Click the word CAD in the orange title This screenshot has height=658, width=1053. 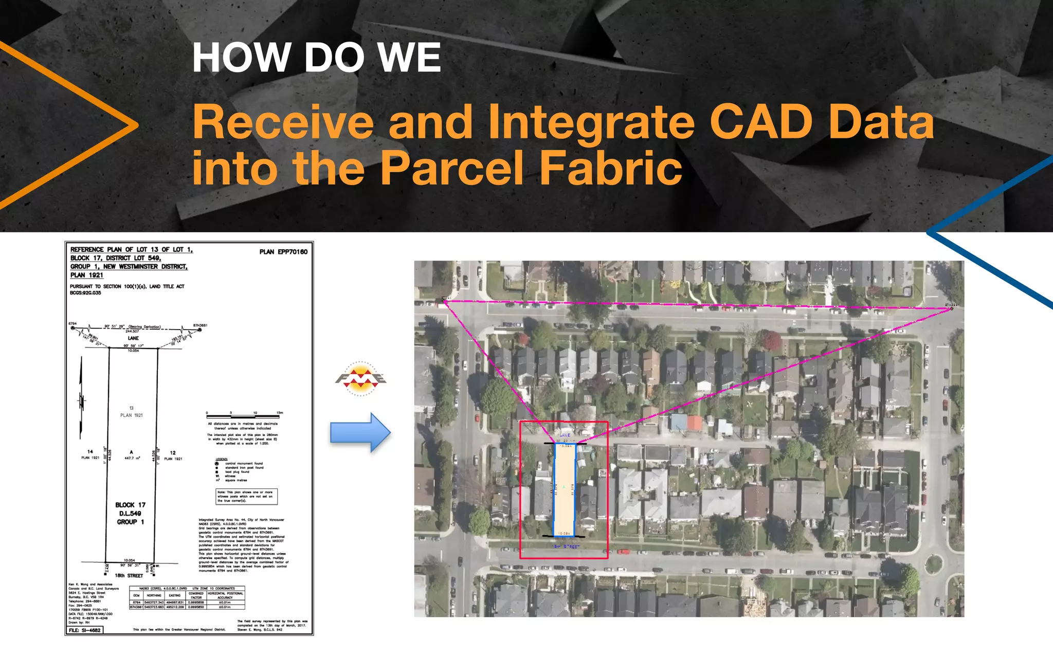click(x=762, y=122)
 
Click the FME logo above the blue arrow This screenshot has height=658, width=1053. click(x=361, y=379)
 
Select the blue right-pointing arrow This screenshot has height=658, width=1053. click(x=360, y=432)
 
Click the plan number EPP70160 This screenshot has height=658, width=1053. click(x=283, y=252)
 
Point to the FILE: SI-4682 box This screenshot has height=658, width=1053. click(x=85, y=630)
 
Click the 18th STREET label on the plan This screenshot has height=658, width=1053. click(x=129, y=576)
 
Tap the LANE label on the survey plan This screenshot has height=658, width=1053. click(x=133, y=338)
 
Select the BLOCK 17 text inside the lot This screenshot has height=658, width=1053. click(x=130, y=505)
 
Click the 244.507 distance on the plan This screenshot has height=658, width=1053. click(x=132, y=332)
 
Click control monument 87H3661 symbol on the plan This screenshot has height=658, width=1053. click(x=200, y=330)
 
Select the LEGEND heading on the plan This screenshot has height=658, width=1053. click(x=222, y=459)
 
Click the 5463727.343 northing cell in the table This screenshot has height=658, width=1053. click(x=154, y=602)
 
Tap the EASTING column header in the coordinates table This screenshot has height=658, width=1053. click(x=175, y=595)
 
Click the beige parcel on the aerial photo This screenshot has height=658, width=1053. click(x=564, y=488)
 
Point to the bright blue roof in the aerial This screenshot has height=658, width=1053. click(x=679, y=423)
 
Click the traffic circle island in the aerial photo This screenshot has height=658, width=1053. click(x=934, y=564)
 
